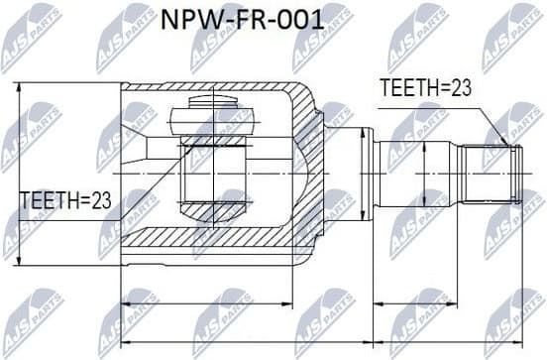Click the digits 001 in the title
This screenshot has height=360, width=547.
pos(302,19)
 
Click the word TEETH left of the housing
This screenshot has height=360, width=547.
pos(50,201)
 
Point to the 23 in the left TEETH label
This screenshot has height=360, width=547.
pos(99,201)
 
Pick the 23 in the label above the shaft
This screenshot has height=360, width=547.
pos(460,88)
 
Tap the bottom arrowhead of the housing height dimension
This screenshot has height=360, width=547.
pos(20,260)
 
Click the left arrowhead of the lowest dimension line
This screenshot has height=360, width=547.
pos(124,342)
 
